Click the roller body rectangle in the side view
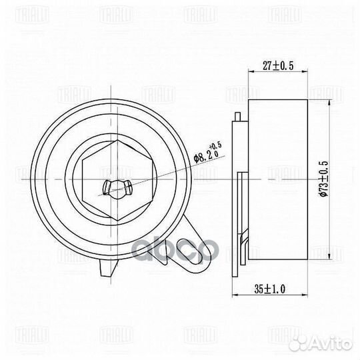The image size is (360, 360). click(x=277, y=180)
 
